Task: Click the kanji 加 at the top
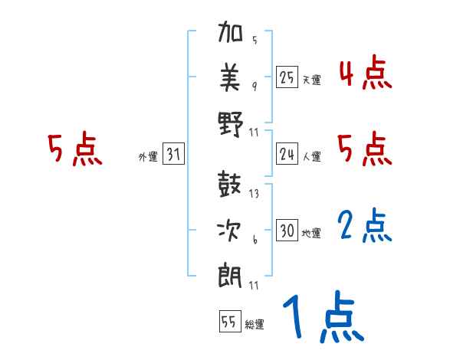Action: pos(231,34)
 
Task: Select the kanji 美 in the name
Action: pos(231,77)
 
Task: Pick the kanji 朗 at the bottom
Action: pos(231,273)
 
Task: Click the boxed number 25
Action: pos(287,77)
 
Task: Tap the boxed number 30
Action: pos(287,231)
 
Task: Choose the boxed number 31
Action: pos(172,155)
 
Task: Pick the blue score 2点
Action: pos(365,227)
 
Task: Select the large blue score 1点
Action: pos(322,319)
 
